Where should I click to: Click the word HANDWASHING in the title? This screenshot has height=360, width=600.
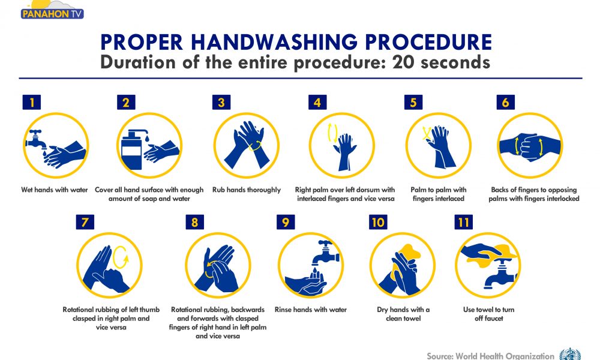point(275,42)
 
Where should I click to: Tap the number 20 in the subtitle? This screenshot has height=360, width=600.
point(403,62)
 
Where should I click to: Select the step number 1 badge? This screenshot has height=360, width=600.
point(32,102)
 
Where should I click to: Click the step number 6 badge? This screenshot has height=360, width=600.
point(505,102)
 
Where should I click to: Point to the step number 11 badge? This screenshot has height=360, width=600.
point(463,222)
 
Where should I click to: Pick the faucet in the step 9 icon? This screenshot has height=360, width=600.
point(325,253)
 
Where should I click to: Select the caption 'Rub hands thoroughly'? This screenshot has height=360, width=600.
point(247,190)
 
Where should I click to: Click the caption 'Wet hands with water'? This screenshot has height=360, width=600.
point(55,190)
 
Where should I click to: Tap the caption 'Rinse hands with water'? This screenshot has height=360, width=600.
point(311,310)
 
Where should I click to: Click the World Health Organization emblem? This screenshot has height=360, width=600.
point(570,354)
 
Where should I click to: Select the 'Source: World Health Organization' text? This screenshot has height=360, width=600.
point(490,356)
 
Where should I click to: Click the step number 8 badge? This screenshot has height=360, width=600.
point(195,222)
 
